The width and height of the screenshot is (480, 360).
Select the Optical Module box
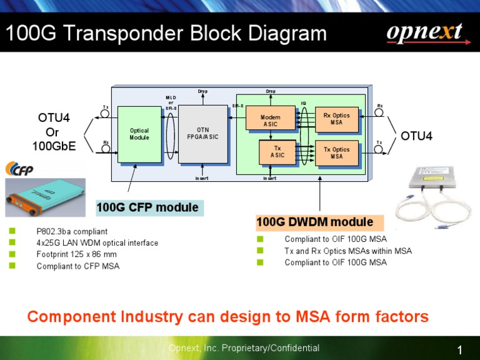139,134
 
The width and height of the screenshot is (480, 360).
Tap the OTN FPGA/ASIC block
202,133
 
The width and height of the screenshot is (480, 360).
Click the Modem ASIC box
270,120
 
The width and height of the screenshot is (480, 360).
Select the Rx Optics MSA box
336,119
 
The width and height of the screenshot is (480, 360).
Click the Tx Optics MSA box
336,153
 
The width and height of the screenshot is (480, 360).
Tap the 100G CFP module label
147,207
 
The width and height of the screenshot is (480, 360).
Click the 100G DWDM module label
315,222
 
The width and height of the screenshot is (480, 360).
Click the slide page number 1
460,350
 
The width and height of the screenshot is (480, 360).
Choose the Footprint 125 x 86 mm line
76,254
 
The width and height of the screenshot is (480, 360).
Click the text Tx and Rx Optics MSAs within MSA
347,251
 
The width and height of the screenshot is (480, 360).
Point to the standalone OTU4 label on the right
416,136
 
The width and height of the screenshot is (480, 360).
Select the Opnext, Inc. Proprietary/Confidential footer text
244,348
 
